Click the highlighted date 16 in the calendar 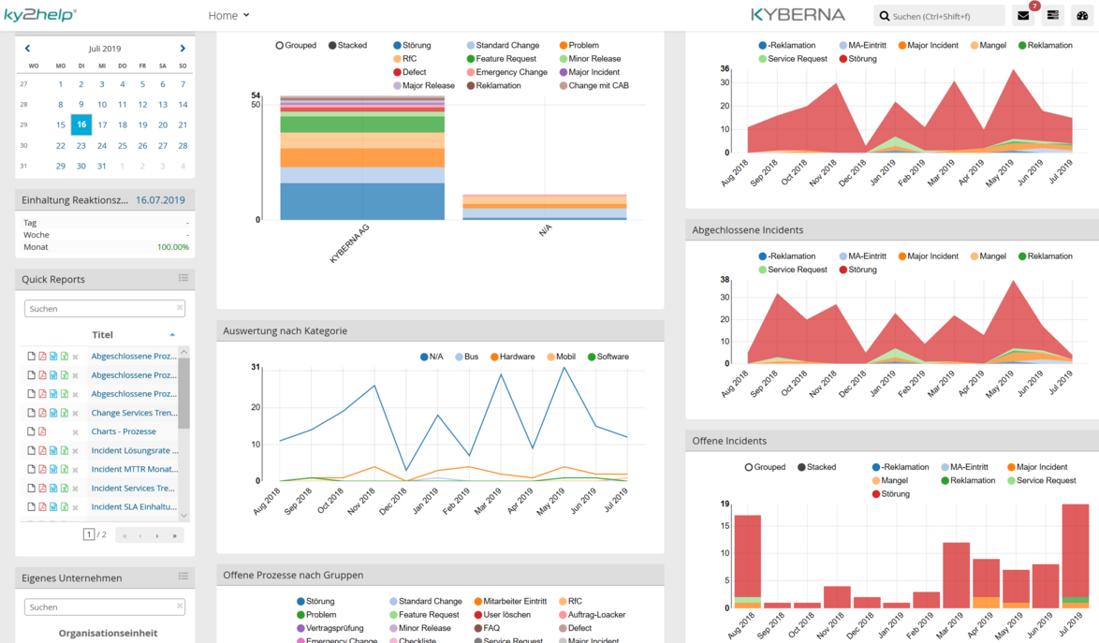pos(81,124)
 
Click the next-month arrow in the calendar pos(183,49)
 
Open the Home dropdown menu pos(228,15)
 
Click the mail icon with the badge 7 pos(1023,16)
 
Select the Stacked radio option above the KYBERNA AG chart pos(332,45)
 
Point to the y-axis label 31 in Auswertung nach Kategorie pos(256,367)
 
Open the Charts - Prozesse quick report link pos(124,431)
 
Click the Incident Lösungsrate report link pos(134,450)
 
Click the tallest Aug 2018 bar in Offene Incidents pos(747,557)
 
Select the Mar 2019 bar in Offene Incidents pos(956,575)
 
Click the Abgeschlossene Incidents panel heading pos(747,229)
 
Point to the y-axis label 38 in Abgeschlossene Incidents pos(725,280)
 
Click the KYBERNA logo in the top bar pos(798,15)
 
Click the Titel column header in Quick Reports pos(102,334)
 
